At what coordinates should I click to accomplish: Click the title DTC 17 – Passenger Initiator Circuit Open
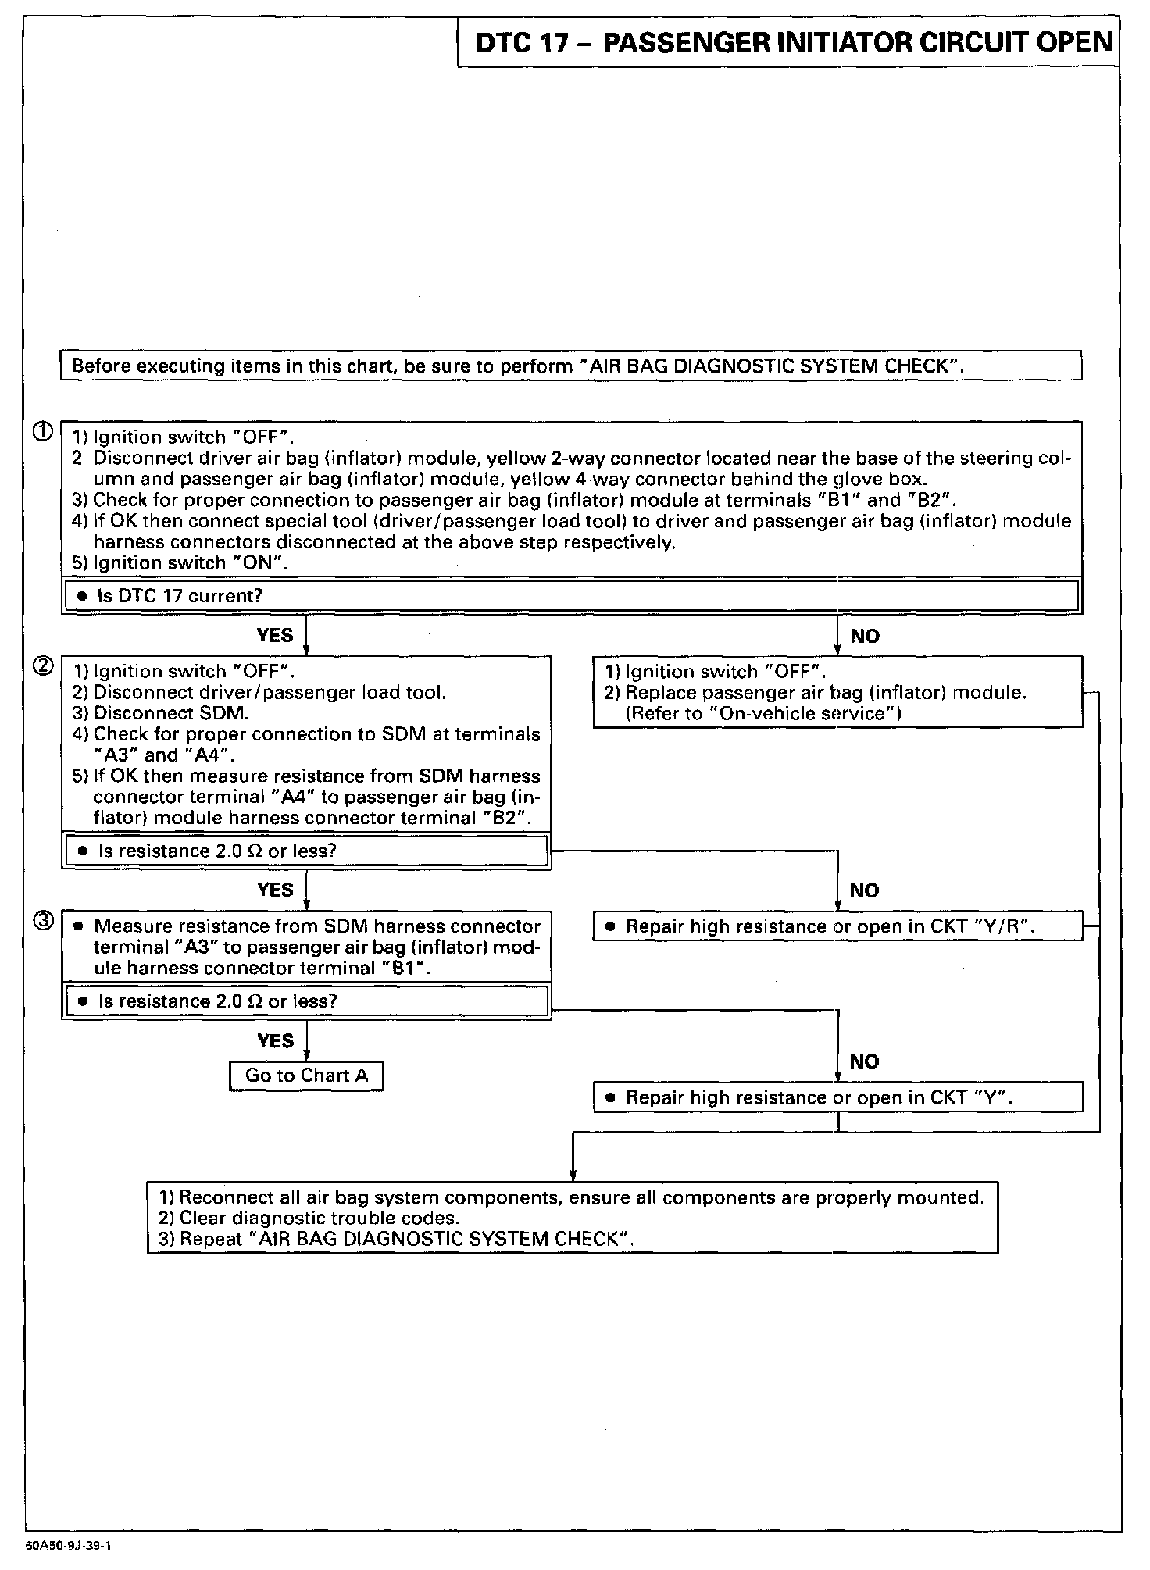pos(793,42)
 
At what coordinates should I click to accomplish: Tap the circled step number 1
pos(43,431)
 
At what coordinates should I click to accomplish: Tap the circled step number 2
pos(43,666)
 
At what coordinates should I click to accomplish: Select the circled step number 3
pos(44,922)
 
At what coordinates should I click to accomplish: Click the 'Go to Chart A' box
pos(306,1076)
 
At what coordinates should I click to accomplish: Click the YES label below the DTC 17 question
pos(275,635)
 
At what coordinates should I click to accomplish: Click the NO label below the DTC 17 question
pos(865,637)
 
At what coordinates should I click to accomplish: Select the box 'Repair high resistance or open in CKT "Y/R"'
pos(837,926)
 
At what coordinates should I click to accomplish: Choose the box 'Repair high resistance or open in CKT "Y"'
pos(837,1097)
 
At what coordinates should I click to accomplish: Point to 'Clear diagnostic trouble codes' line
pos(309,1218)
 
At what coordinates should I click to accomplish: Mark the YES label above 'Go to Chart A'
pos(275,1040)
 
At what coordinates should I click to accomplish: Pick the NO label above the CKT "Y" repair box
pos(864,1062)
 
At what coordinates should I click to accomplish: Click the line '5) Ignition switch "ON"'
pos(180,563)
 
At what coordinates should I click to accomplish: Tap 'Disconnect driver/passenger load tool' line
pos(259,693)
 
